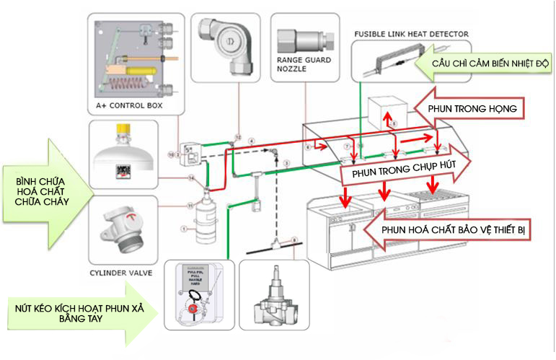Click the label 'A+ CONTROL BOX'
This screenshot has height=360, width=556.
tap(129, 106)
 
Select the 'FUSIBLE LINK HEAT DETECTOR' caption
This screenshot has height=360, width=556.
tap(411, 34)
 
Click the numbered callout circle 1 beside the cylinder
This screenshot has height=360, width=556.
tap(183, 230)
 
